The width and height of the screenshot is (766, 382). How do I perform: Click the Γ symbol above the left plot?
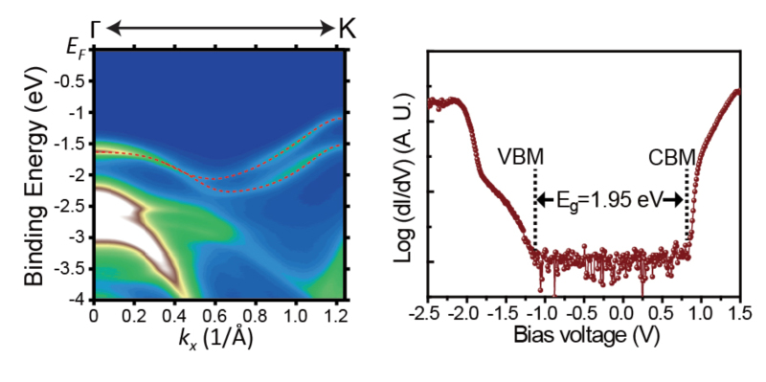click(x=97, y=30)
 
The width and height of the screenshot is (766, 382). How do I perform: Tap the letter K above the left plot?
click(x=347, y=30)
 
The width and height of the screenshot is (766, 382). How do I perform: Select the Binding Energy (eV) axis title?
click(x=35, y=176)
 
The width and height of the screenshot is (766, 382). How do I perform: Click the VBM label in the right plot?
click(x=521, y=157)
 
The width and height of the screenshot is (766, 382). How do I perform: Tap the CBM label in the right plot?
click(x=672, y=157)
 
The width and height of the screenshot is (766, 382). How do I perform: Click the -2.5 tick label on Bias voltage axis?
click(x=428, y=312)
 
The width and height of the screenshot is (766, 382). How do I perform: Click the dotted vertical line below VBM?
click(x=536, y=208)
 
